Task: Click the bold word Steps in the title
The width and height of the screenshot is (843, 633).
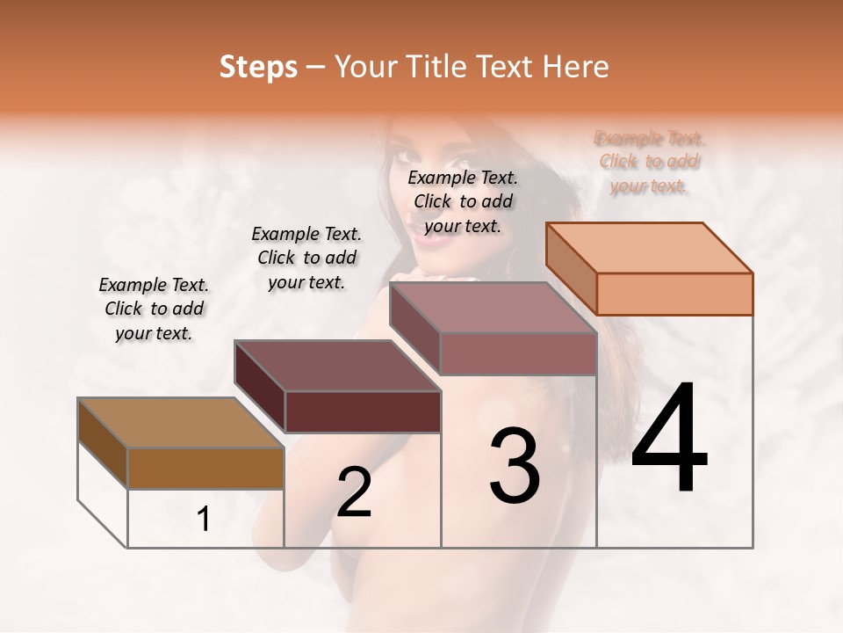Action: [258, 67]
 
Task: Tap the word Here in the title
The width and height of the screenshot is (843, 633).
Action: [575, 67]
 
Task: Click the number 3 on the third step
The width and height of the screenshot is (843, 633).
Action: [515, 466]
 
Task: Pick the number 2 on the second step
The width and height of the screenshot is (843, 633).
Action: [355, 492]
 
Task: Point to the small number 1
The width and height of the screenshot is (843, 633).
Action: [204, 520]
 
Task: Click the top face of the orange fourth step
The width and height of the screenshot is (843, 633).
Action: [650, 247]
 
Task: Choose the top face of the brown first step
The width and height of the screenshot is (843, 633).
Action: [181, 423]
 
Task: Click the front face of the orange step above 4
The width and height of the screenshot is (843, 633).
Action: [674, 294]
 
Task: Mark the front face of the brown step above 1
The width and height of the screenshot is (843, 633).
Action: [205, 468]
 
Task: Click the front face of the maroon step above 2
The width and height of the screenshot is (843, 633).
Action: [362, 411]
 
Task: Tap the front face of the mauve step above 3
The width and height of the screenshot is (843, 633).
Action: [518, 353]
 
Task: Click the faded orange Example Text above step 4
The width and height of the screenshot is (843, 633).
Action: [650, 162]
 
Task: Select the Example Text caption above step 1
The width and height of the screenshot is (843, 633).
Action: [154, 309]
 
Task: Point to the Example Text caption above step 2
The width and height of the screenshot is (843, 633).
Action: [306, 258]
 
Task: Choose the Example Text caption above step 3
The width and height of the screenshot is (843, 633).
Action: [463, 201]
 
